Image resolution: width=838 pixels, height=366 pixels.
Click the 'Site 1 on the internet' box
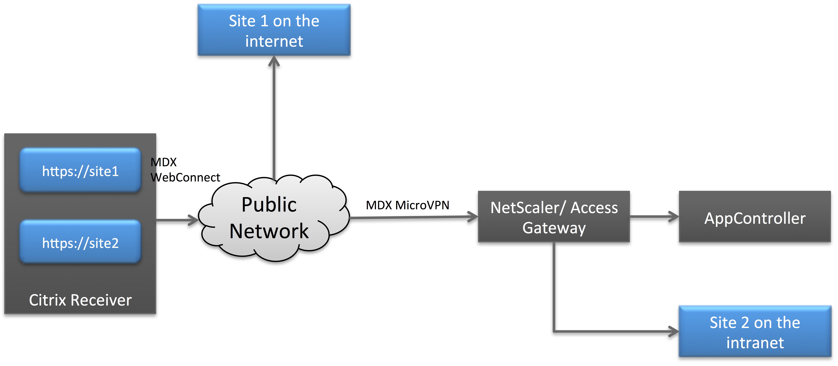click(274, 30)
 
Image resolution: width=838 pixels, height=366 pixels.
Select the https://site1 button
click(80, 171)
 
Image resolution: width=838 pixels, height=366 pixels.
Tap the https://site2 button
click(80, 242)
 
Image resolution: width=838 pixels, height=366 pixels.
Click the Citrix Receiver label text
click(80, 300)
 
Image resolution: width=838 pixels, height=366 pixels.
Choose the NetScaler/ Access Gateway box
click(554, 217)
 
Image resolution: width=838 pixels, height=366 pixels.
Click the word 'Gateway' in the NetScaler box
click(554, 228)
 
